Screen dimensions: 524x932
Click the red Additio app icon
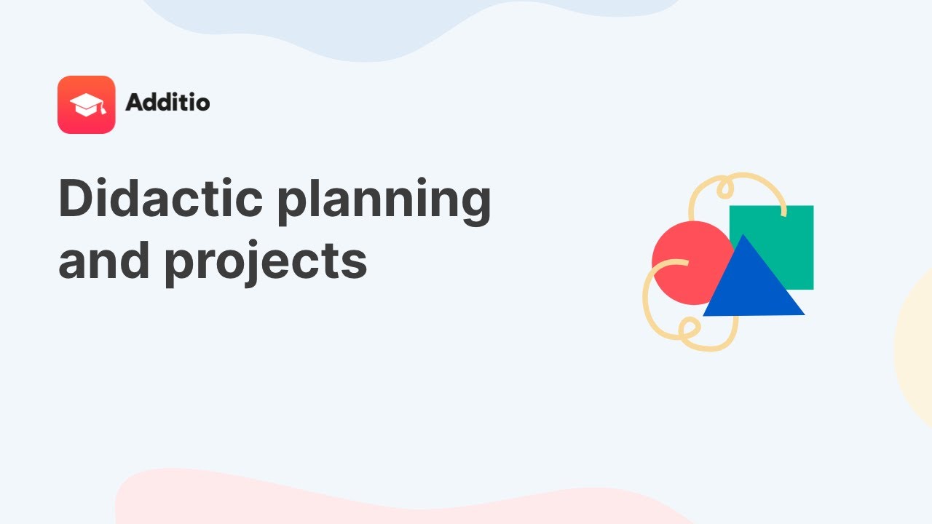point(86,105)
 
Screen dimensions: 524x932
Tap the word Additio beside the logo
point(167,103)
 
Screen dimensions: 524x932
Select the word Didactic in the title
point(159,199)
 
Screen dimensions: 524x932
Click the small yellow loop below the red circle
point(686,329)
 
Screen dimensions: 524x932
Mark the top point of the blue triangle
point(743,236)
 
